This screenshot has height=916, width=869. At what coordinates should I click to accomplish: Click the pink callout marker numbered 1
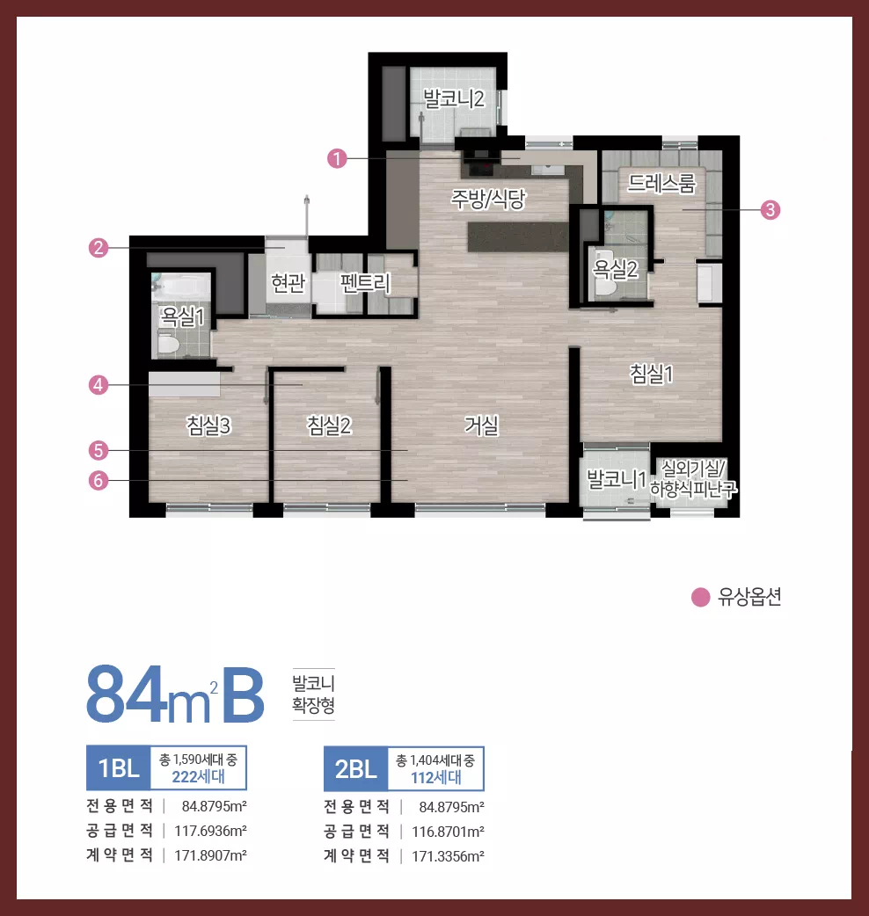tap(337, 158)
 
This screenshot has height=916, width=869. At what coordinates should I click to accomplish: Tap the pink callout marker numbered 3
tap(770, 210)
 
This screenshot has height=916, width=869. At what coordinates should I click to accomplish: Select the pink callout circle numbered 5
tap(99, 450)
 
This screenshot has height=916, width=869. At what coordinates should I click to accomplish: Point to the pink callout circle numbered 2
tap(99, 248)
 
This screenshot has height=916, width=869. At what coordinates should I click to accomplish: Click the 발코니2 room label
tap(454, 98)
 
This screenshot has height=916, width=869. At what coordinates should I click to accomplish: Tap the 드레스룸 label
tap(661, 184)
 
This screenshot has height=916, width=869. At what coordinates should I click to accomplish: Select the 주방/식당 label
tap(488, 200)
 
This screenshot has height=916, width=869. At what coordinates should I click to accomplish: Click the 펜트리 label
tap(365, 283)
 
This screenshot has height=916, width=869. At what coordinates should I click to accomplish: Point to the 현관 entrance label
tap(288, 283)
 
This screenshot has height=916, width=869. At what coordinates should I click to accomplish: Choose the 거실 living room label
tap(481, 425)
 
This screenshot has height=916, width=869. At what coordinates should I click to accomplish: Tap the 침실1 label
tap(651, 374)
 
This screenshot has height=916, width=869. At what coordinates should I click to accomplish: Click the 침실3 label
tap(208, 425)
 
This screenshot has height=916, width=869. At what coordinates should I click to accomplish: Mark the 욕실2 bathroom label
tap(615, 269)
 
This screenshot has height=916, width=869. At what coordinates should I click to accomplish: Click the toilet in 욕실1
tap(168, 344)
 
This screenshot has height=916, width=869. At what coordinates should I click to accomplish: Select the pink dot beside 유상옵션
tap(700, 597)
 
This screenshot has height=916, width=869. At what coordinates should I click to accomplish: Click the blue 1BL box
tap(119, 767)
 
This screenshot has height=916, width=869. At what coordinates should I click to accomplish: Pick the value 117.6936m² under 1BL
tap(210, 831)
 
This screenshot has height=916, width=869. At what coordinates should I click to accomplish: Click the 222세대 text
tap(198, 776)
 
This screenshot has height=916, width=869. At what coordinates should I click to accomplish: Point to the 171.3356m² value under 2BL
tap(448, 856)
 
